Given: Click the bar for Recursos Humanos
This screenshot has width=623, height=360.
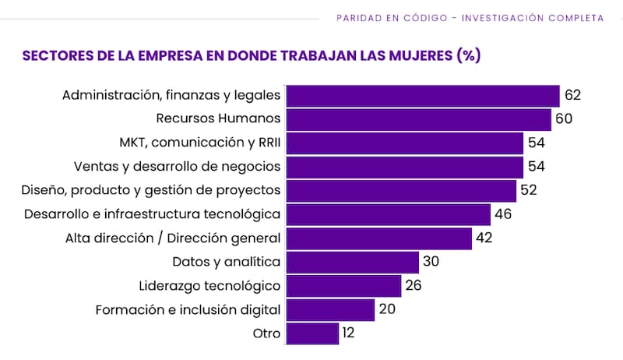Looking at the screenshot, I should click(419, 119).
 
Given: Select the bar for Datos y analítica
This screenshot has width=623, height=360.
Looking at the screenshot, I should click(353, 262).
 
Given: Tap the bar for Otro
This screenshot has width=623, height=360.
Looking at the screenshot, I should click(312, 334).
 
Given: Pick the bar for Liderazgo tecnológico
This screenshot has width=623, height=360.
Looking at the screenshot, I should click(343, 286).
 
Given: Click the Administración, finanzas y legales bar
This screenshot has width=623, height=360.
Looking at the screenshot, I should click(423, 96).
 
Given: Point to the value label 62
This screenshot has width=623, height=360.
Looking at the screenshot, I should click(573, 96).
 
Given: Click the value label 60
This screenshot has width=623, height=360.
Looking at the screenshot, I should click(565, 119).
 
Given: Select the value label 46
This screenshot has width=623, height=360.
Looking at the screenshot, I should click(504, 214).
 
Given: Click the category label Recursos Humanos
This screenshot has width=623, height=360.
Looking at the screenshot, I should click(218, 119).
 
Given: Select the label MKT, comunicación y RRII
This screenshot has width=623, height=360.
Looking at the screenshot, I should click(199, 143).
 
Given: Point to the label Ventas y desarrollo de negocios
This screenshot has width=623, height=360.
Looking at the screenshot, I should click(177, 167).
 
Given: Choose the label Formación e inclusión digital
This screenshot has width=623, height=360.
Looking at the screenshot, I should click(188, 309).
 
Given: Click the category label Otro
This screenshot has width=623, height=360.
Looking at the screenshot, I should click(267, 334).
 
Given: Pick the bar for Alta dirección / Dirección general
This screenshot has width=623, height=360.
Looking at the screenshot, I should click(379, 238).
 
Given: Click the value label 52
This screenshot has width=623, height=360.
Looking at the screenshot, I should click(529, 191).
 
